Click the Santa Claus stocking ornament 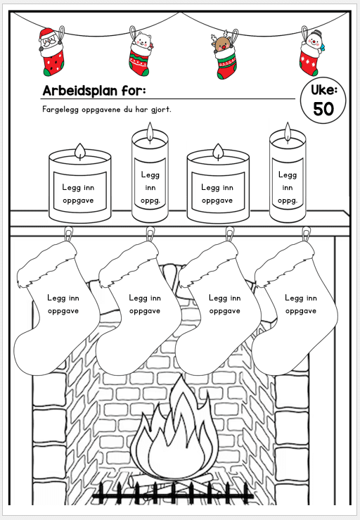[x=51, y=51]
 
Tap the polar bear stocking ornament [x=140, y=51]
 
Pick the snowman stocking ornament [x=311, y=51]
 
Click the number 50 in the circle [x=323, y=109]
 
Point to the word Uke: [x=323, y=89]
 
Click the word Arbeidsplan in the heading [x=80, y=91]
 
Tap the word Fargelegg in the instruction [x=60, y=110]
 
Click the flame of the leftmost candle [x=80, y=151]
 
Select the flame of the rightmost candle [x=288, y=132]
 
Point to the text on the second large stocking [x=145, y=304]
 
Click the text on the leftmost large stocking [x=63, y=304]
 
